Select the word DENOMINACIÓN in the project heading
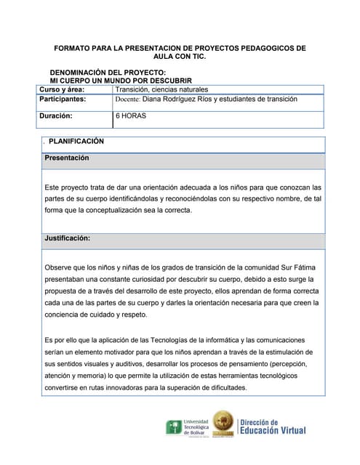80,73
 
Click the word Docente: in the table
129,99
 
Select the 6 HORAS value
131,116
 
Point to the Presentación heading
67,158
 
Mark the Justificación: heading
68,238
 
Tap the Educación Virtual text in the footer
273,430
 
